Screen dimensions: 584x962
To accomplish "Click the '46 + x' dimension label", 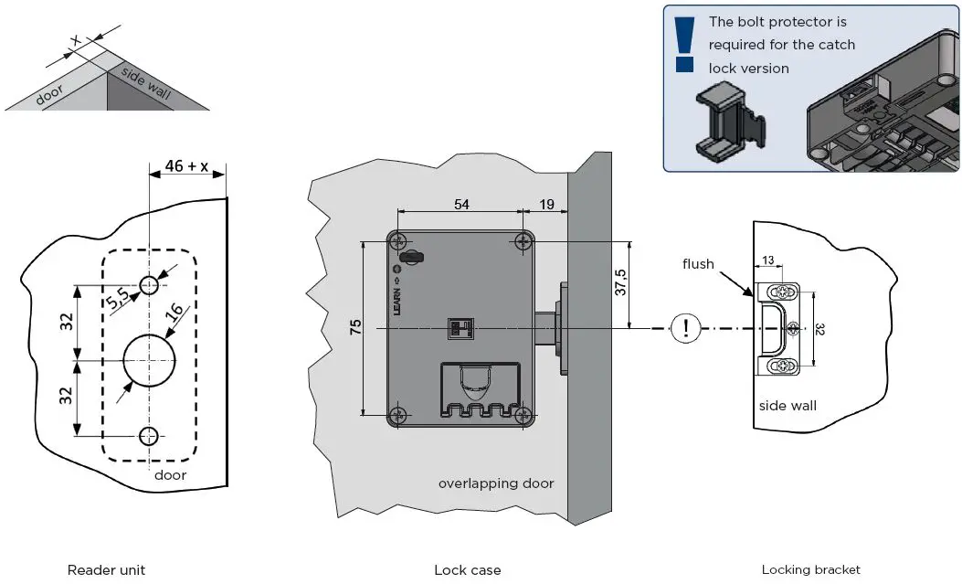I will click(185, 166).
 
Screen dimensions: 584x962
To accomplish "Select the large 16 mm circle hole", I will click(148, 360).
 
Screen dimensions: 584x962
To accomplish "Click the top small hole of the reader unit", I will click(148, 284).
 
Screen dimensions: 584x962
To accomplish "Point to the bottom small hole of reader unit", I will click(148, 435).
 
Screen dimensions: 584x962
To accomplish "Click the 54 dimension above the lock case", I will click(461, 205).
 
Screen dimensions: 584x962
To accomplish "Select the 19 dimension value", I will click(545, 205).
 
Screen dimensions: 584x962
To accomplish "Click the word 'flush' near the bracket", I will click(698, 264).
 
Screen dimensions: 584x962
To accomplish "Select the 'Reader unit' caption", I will click(106, 570).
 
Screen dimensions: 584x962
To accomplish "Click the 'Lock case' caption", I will click(467, 570).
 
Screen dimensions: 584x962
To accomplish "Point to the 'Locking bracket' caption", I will click(810, 570).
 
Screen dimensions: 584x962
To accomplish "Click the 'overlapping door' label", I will click(495, 483).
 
